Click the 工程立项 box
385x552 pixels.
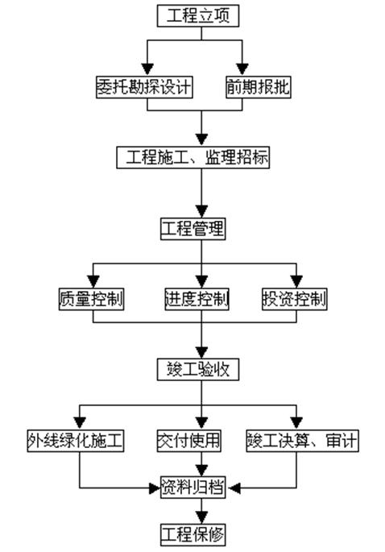(x=198, y=16)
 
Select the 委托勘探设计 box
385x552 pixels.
(x=145, y=87)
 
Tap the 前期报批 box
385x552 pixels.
(x=259, y=87)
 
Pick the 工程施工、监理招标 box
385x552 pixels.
(x=193, y=157)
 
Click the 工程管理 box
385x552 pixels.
(x=192, y=229)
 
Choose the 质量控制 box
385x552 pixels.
(x=91, y=299)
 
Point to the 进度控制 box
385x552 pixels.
(x=197, y=299)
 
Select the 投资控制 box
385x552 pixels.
(x=295, y=299)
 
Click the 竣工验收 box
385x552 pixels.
(x=198, y=370)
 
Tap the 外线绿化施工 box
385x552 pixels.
(x=76, y=441)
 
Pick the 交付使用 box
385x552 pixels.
(x=189, y=441)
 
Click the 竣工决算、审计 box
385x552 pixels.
(x=302, y=441)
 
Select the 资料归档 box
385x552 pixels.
(x=192, y=488)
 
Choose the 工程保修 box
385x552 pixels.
(x=192, y=535)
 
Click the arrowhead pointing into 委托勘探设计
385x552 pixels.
(x=147, y=69)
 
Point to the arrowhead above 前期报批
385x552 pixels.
(x=242, y=69)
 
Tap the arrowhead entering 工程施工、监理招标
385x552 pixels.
(x=201, y=139)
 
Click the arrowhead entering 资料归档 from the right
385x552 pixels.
(x=234, y=488)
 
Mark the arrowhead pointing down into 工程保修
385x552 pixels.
(x=201, y=517)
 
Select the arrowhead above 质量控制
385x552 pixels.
(x=93, y=281)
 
